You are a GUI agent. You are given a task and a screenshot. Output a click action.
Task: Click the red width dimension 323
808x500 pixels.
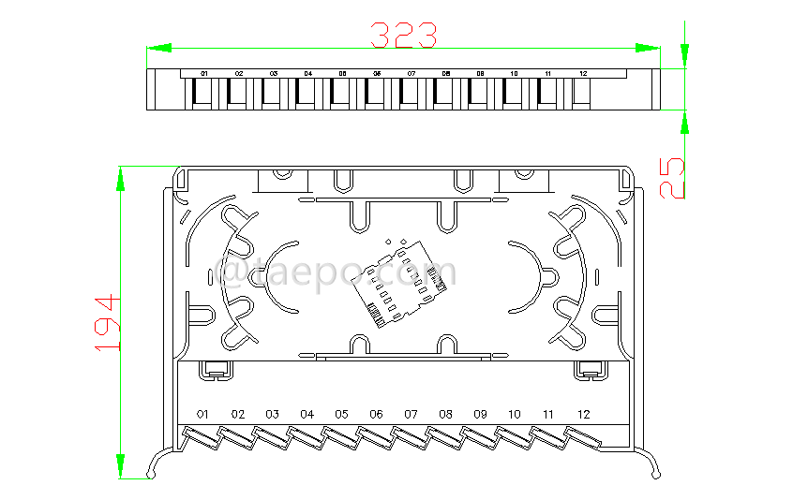[403, 35]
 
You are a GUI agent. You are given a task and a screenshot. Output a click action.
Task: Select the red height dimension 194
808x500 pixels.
[110, 323]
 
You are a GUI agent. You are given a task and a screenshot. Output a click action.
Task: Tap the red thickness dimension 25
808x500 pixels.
[672, 178]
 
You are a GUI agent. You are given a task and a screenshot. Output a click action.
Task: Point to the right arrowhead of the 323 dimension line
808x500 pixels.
[648, 47]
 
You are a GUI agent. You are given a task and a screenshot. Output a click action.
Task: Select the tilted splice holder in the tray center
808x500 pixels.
[393, 282]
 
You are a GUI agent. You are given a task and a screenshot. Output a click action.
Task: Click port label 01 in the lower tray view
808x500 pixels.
[203, 414]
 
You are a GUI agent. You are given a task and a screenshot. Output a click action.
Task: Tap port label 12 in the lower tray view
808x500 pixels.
[584, 414]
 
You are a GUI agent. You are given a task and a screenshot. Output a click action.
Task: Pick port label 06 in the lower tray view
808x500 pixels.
[376, 414]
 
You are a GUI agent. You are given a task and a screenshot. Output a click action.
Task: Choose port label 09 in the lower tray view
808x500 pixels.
[480, 414]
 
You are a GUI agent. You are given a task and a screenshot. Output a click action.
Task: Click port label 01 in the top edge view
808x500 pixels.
[204, 73]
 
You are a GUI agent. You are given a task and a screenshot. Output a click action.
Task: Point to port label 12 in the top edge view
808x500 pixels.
[583, 73]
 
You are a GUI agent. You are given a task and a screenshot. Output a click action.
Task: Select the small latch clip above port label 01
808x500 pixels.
[215, 371]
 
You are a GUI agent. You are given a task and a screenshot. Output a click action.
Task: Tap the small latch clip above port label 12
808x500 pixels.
[591, 371]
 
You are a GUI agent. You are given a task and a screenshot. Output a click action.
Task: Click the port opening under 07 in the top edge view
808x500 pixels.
[411, 94]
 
